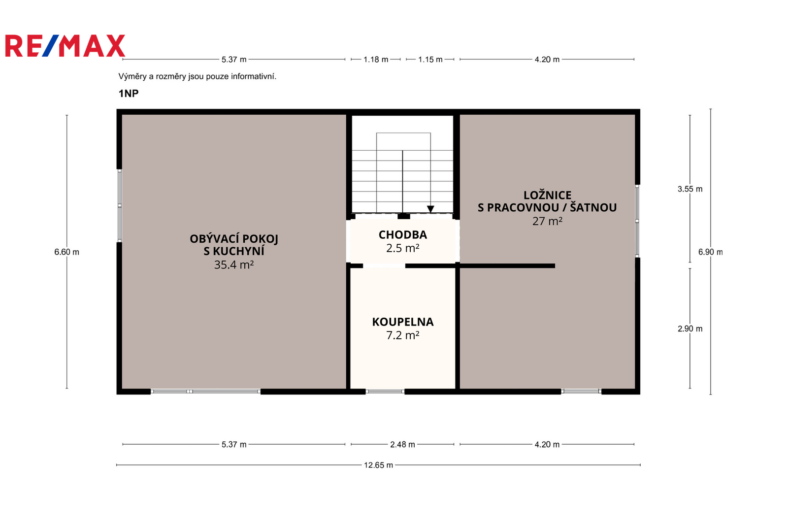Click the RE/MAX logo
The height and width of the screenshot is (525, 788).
point(65,46)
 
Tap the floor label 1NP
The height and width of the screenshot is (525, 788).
point(129,93)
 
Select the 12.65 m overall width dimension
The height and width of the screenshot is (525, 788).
point(378,465)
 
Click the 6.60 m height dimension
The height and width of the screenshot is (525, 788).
point(66,252)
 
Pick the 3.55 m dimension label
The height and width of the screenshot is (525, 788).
point(690,189)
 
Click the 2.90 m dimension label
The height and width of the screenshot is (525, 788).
point(690,328)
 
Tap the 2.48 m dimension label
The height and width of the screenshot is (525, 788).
point(402,444)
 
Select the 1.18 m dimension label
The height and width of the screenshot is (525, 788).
point(376,60)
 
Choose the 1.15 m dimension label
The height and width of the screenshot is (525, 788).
point(430,60)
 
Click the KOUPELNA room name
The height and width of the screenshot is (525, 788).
point(403,322)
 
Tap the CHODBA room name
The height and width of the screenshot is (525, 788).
point(403,235)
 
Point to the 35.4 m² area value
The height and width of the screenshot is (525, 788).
point(234,264)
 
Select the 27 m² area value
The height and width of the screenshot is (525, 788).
point(547,221)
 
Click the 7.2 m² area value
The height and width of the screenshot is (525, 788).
point(403,335)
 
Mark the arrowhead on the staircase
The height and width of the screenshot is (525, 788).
point(430,209)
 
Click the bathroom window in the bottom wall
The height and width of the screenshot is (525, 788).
point(385,391)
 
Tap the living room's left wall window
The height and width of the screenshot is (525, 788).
point(120,205)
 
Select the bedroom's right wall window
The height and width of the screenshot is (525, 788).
point(637,221)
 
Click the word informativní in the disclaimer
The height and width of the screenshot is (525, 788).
point(254,76)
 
